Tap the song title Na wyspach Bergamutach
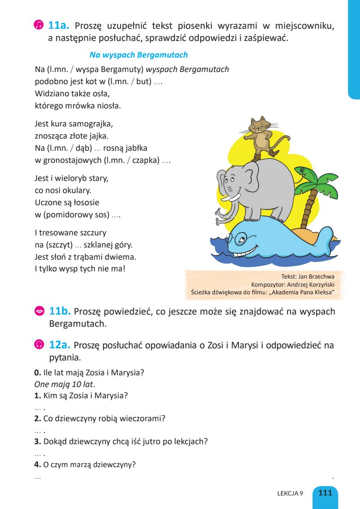tap(139, 55)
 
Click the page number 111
tap(325, 492)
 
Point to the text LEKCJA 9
tap(290, 493)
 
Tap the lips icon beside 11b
tap(39, 311)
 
